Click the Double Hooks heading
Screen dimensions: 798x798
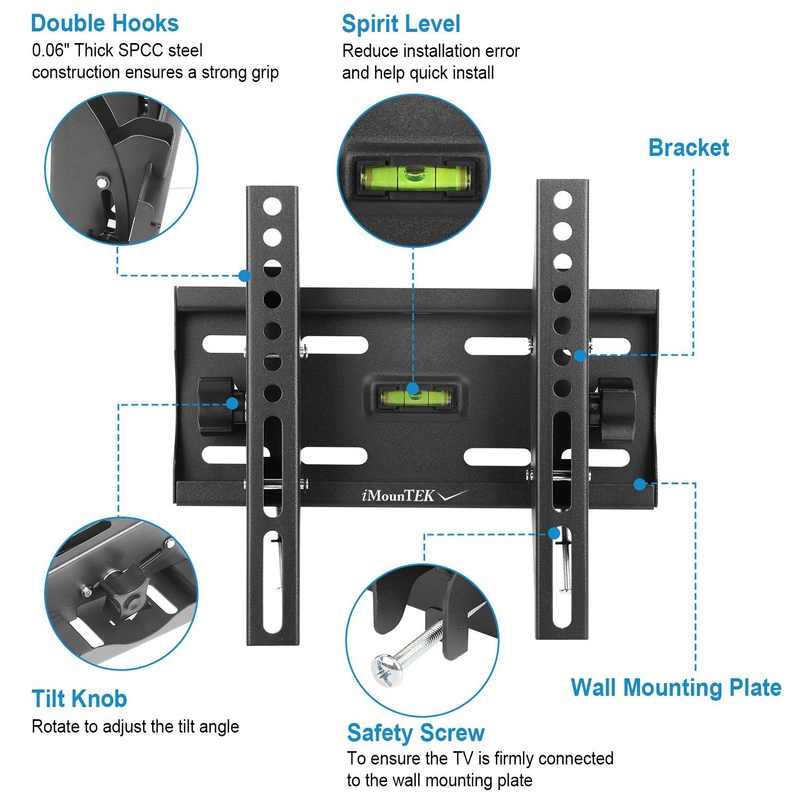(x=105, y=24)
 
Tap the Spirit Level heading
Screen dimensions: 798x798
(x=401, y=24)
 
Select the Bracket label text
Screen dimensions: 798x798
(x=688, y=147)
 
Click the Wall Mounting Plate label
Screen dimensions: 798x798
(x=676, y=687)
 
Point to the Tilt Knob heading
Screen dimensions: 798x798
(x=79, y=699)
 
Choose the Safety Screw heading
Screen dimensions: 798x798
(x=415, y=733)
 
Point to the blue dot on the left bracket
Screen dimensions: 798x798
(x=244, y=276)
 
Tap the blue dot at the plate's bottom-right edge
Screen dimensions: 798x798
(x=640, y=484)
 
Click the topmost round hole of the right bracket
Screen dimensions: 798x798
(x=562, y=201)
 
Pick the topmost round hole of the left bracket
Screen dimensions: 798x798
(x=272, y=206)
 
